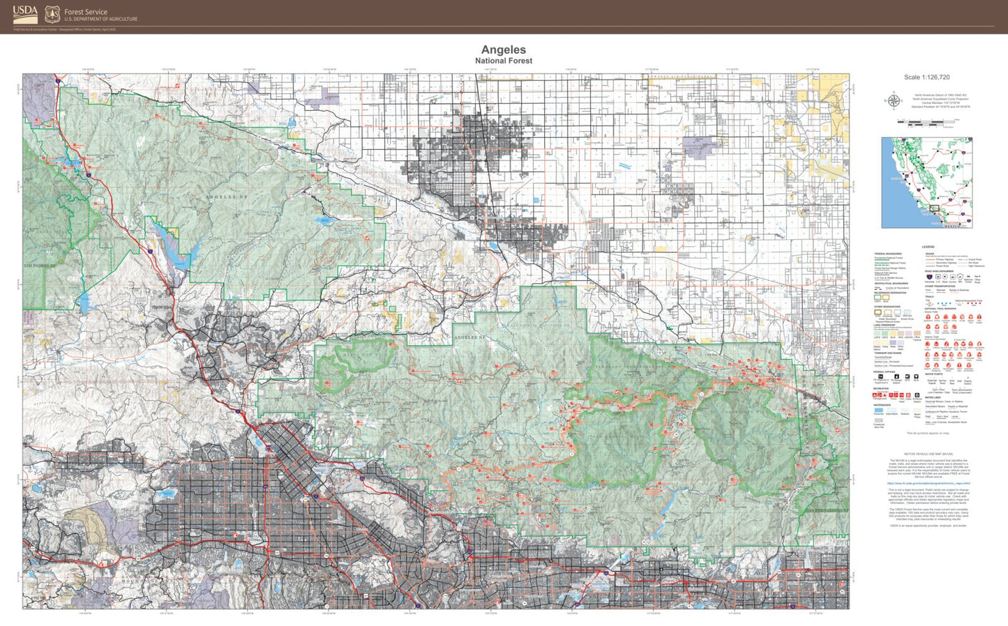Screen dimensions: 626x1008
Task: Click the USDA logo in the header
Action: pos(25,14)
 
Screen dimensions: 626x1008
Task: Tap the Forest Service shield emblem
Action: pos(52,14)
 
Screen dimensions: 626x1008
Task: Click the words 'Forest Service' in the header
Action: pos(86,11)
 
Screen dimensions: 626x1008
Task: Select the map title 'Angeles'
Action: pos(503,49)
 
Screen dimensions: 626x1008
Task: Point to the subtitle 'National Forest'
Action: pos(503,61)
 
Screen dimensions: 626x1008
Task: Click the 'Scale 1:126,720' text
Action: pos(926,77)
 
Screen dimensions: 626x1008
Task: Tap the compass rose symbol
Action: pos(893,101)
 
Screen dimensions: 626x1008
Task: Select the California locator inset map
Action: pos(926,182)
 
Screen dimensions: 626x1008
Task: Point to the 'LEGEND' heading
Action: pos(928,247)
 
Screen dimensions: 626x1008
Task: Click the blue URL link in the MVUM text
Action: pos(928,482)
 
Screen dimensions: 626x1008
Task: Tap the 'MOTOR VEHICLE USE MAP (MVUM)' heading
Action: pos(928,453)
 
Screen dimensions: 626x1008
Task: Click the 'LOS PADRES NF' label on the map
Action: pos(39,266)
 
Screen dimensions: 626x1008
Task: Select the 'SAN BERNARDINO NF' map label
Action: pos(827,511)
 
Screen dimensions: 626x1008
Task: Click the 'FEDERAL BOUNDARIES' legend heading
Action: pos(888,254)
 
